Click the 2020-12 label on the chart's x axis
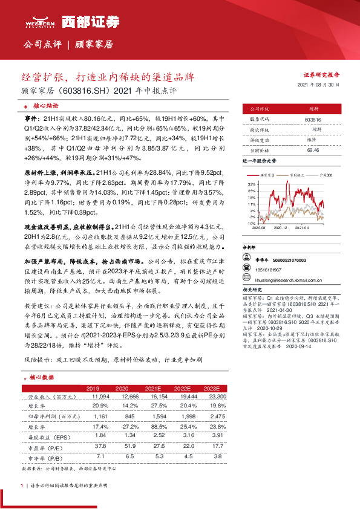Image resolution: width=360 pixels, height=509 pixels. point(280,229)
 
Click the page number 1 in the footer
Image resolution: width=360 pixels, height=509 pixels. point(22,485)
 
